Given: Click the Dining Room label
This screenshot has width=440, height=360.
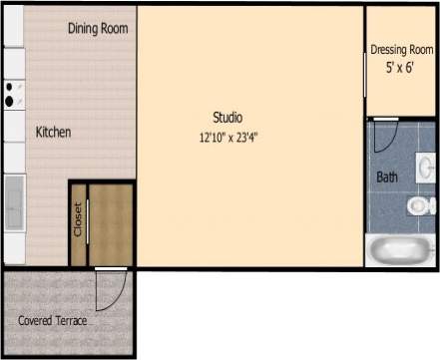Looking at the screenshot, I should pos(98,28).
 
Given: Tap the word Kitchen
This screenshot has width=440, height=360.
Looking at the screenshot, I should pos(53,132).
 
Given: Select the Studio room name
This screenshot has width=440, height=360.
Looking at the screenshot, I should pos(227,117).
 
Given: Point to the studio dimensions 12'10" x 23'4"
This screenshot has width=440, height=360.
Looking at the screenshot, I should pos(234,138).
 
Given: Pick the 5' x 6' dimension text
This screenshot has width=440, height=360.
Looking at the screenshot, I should pos(399,68).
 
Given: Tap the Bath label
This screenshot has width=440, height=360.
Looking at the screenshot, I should pos(387,178).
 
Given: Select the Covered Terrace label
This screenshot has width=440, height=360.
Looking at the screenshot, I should pos(52,321).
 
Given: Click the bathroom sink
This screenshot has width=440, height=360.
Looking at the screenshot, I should pos(426,164).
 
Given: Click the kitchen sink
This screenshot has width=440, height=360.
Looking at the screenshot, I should pos(14,202).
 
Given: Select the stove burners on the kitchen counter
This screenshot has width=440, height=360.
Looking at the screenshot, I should pos(10,93).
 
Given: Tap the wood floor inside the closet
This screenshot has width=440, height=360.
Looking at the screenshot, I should pos(110,224).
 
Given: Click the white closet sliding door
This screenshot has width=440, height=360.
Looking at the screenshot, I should pos(88,224).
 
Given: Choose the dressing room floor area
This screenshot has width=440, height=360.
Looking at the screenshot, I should pos(399,95).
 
